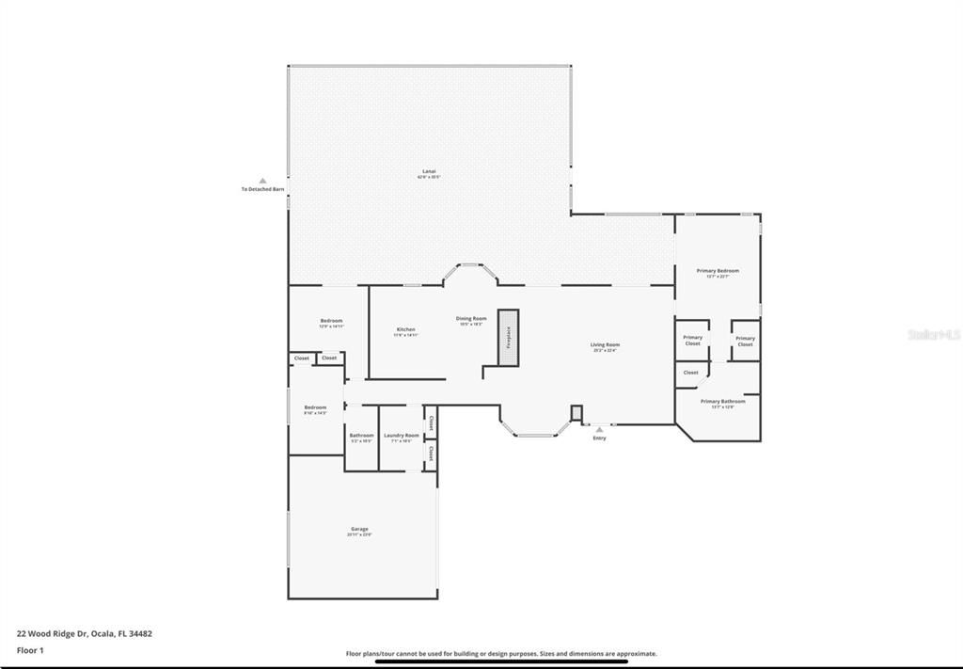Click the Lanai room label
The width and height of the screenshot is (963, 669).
[x=429, y=172]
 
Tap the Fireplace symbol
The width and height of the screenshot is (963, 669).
[x=509, y=336]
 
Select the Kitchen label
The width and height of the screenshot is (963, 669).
[x=405, y=330]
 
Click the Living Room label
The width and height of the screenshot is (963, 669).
[x=605, y=345]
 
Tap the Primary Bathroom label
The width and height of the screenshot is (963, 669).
[x=723, y=402]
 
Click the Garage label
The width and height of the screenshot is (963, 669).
[x=360, y=530]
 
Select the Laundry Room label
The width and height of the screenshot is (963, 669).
[x=402, y=436]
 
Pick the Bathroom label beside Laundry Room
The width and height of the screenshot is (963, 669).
[x=361, y=436]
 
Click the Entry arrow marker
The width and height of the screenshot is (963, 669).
[x=599, y=429]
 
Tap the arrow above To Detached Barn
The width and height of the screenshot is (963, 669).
[x=263, y=180]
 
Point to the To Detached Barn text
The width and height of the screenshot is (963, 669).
[x=263, y=189]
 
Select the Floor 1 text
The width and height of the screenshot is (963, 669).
[x=30, y=650]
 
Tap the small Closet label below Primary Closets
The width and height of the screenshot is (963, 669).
[x=691, y=373]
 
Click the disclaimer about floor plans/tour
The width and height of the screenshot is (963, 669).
[x=501, y=653]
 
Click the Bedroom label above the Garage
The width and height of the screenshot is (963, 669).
[x=315, y=408]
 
